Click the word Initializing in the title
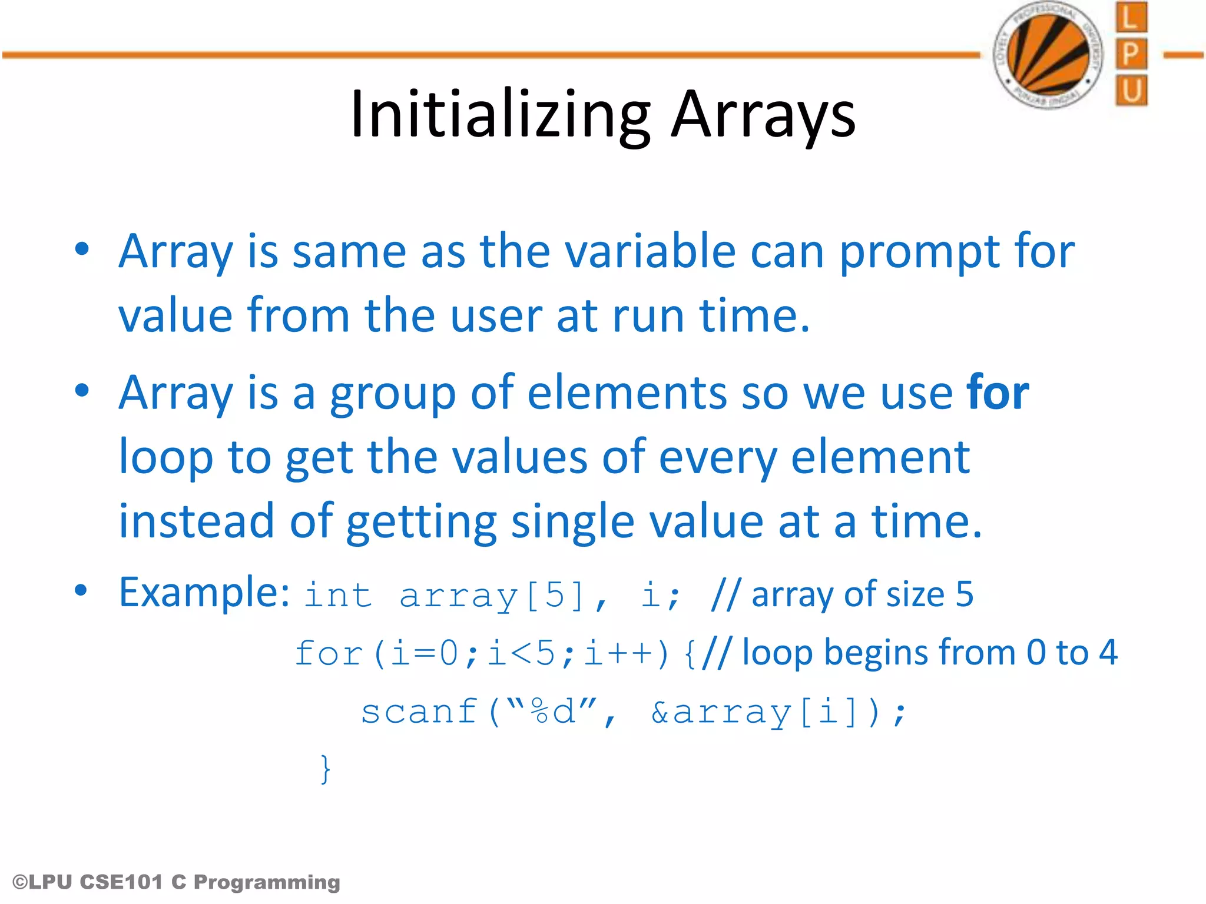click(499, 115)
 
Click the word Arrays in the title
click(763, 115)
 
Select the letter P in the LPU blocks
click(1131, 55)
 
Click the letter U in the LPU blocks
click(1131, 91)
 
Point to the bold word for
click(998, 393)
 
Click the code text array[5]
click(492, 596)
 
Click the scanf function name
click(419, 712)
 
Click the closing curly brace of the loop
click(325, 769)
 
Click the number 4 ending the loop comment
click(1108, 653)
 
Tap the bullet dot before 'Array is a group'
click(82, 391)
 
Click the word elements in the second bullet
click(627, 393)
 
